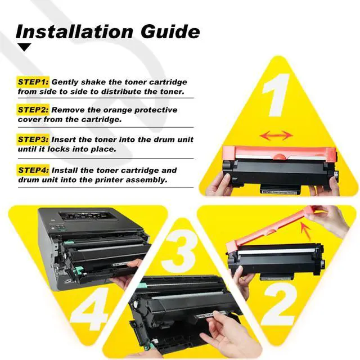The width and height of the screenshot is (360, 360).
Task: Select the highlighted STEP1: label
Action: pos(33,82)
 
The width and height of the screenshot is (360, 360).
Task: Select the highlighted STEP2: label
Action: pos(33,110)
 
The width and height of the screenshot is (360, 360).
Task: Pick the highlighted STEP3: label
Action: pos(33,139)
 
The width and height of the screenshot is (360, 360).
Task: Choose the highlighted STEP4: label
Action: pos(33,170)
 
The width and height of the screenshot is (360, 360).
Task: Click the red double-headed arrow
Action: pos(276,136)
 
